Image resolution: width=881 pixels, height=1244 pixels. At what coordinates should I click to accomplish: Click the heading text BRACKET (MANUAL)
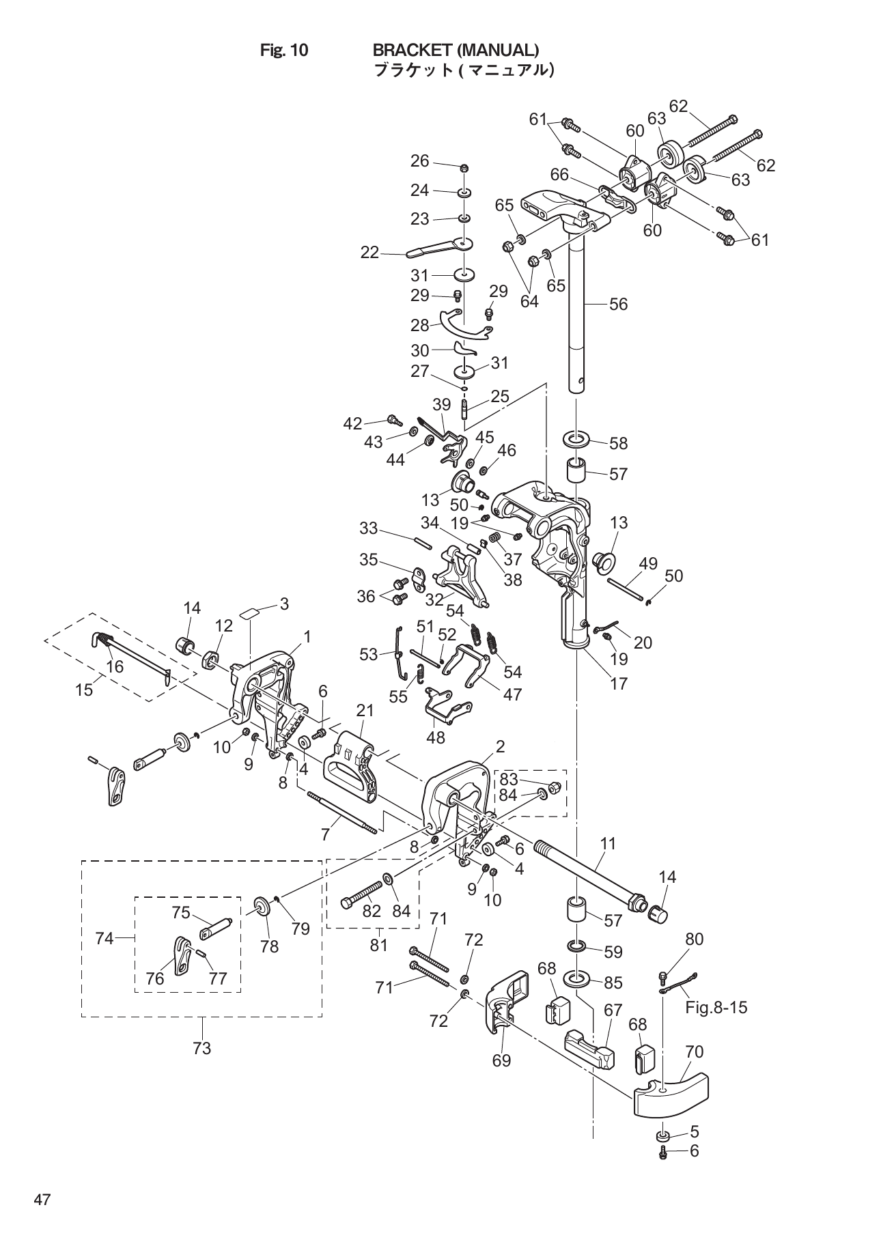pos(456,50)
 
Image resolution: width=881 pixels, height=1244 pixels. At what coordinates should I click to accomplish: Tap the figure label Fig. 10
pos(284,50)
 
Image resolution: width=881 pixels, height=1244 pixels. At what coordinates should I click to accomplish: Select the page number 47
pos(42,1201)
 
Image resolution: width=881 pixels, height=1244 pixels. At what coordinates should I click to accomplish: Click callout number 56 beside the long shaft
pos(618,305)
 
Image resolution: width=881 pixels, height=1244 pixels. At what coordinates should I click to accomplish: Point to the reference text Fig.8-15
pos(716,1007)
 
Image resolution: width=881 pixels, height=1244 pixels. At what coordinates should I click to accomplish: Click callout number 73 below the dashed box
pos(202,1047)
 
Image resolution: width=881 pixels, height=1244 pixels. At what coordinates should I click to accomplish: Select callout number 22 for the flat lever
pos(369,253)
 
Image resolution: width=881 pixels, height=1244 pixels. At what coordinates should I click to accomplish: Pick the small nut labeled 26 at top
pos(464,169)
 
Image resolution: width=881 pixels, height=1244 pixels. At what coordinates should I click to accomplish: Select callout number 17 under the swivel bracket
pos(619,683)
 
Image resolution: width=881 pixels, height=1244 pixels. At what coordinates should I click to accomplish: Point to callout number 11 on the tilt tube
pos(608,844)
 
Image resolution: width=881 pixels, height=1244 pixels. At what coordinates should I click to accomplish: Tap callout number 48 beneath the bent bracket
pos(436,737)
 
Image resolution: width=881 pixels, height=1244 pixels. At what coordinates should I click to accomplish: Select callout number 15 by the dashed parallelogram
pos(84,690)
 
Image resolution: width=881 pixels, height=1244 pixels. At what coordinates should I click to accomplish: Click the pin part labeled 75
pos(218,927)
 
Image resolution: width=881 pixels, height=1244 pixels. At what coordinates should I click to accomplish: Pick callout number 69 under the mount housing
pos(501,1060)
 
